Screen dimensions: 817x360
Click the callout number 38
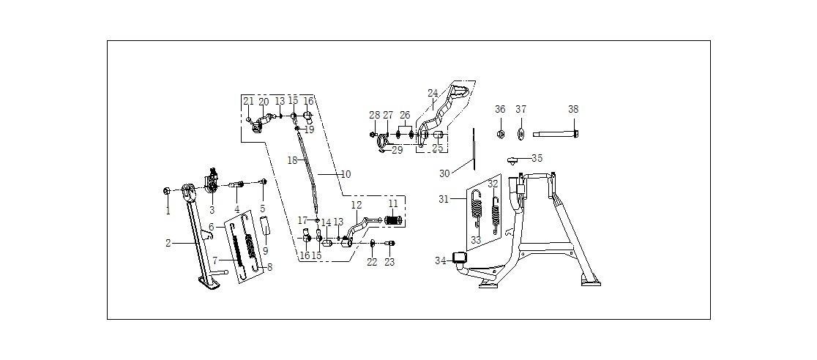click(x=573, y=110)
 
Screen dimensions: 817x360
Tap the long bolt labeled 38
click(x=556, y=134)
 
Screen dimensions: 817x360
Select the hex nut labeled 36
click(x=500, y=134)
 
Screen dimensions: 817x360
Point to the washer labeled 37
click(x=521, y=134)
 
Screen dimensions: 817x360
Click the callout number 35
click(x=537, y=158)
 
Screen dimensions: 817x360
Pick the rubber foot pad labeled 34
click(x=459, y=258)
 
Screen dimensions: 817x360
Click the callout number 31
click(x=444, y=198)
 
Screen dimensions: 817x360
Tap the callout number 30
click(x=444, y=173)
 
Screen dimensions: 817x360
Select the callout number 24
click(x=433, y=93)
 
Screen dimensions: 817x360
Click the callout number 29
click(x=398, y=150)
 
